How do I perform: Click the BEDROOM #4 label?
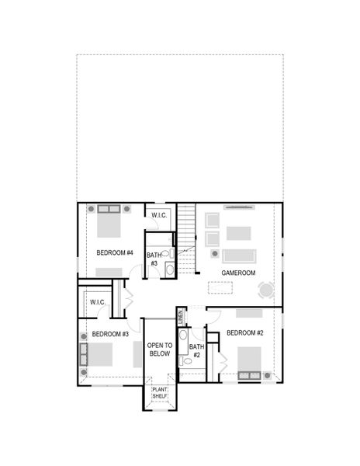point(115,253)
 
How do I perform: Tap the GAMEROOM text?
point(239,273)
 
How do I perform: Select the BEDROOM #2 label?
point(246,333)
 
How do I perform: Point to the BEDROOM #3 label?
point(110,334)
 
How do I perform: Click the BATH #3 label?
point(154,259)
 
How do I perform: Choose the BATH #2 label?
point(196,350)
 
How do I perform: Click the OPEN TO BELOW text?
point(159,349)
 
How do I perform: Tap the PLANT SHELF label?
point(159,393)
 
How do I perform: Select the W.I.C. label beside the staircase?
point(160,215)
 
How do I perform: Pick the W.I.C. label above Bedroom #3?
point(98,301)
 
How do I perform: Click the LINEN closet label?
point(180,316)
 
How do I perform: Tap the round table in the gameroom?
point(266,290)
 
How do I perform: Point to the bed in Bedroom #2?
point(249,361)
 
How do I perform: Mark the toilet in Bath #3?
point(165,254)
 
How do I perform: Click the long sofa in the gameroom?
point(239,255)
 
